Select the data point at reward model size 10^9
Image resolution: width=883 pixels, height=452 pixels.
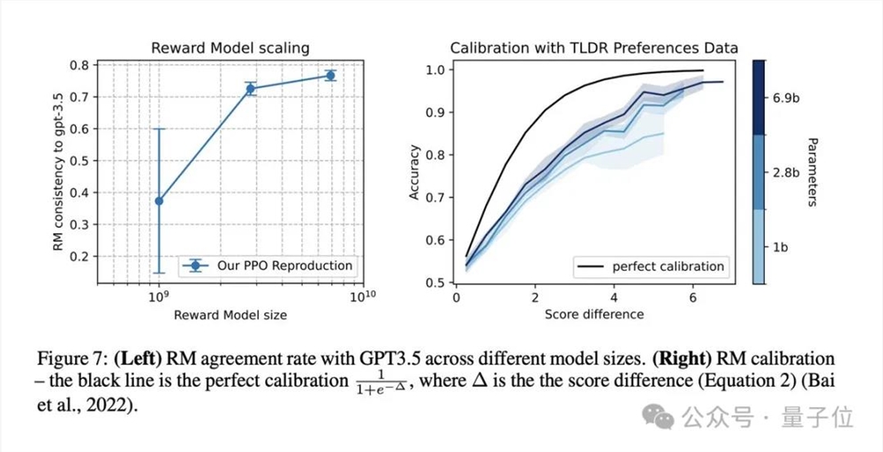tap(159, 200)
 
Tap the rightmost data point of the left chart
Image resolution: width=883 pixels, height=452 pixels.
tap(330, 76)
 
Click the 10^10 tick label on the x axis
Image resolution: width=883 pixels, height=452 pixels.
tap(362, 296)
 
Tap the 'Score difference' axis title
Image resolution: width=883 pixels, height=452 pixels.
tap(594, 313)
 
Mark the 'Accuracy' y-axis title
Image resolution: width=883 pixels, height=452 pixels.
tap(414, 173)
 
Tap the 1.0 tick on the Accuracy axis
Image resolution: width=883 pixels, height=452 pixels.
tap(439, 68)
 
